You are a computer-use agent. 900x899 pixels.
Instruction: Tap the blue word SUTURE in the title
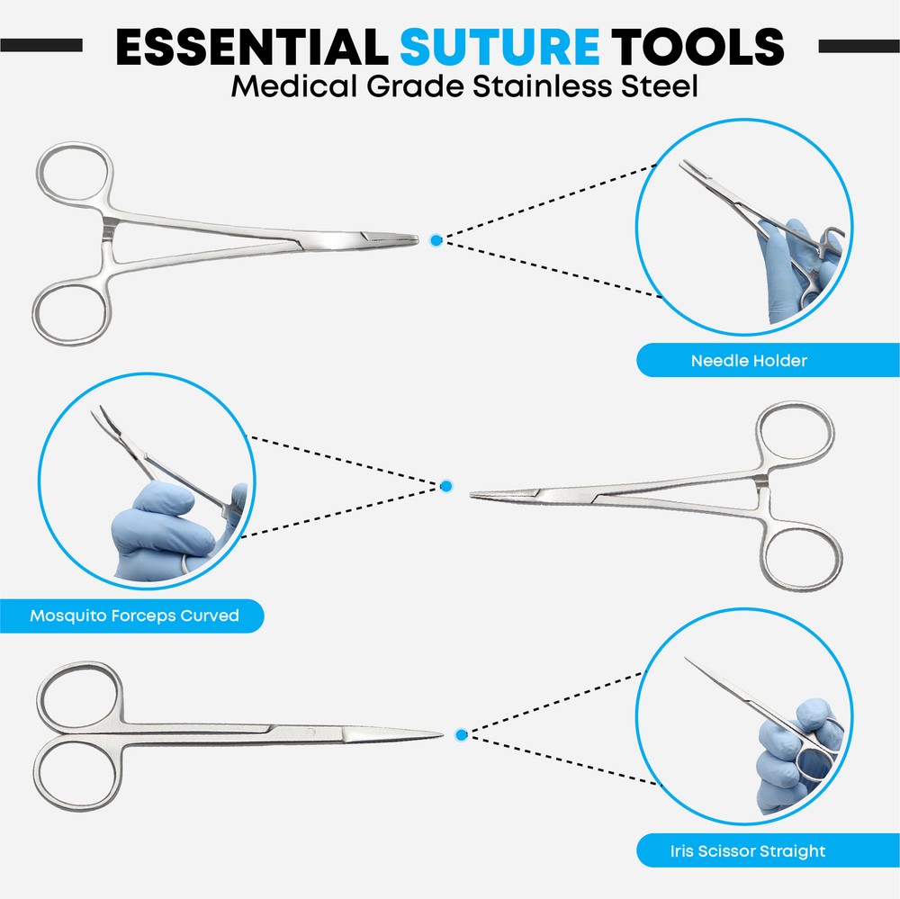tap(499, 46)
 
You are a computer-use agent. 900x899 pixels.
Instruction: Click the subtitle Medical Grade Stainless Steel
tap(464, 88)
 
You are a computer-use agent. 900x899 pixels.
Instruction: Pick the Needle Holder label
tap(749, 361)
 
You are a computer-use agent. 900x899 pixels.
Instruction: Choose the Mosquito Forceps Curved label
tap(134, 616)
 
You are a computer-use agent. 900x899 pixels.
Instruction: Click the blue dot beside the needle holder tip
tap(436, 240)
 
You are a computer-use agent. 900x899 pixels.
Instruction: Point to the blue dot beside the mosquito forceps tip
tap(445, 487)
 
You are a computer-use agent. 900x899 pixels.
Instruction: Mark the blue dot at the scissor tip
tap(461, 735)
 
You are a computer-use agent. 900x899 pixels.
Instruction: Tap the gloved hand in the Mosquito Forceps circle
tap(157, 531)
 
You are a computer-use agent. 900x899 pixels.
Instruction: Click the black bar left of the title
tap(41, 45)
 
